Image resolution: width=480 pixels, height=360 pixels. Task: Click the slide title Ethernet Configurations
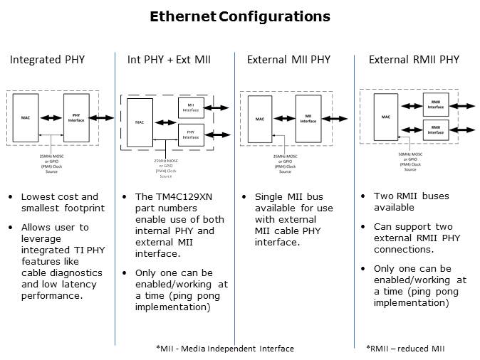pos(240,16)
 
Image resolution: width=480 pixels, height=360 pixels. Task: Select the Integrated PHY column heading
pos(47,60)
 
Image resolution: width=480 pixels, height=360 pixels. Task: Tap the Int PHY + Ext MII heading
pos(169,60)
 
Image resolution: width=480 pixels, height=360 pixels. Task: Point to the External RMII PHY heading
pos(414,60)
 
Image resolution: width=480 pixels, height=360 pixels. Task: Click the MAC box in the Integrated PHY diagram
pos(25,117)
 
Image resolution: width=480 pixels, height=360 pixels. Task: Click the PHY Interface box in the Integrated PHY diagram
pos(76,117)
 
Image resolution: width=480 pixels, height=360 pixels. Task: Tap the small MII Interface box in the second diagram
pos(190,109)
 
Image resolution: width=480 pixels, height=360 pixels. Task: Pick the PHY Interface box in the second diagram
pos(190,134)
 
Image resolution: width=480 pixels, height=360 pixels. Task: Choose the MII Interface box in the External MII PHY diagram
pos(308,118)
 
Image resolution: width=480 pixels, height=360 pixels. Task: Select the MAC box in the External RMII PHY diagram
pos(385,117)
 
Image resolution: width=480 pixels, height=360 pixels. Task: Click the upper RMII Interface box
pos(435,105)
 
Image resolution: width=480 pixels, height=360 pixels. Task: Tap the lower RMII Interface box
pos(435,129)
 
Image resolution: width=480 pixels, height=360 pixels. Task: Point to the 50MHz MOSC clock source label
pos(410,161)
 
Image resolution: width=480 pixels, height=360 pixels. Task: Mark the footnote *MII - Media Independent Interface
pos(224,349)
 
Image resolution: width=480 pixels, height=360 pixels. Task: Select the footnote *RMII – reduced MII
pos(407,349)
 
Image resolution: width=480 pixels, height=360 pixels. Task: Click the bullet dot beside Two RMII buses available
pos(363,197)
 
